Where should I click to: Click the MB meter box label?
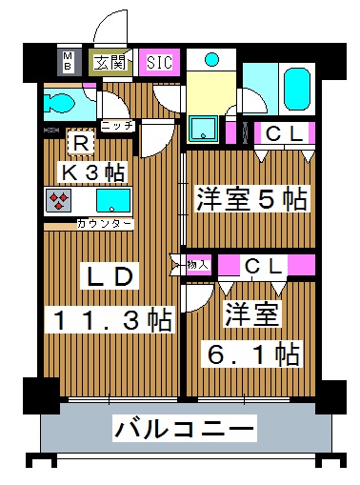[69, 62]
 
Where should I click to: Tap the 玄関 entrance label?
[109, 63]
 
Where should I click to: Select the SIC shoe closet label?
[158, 63]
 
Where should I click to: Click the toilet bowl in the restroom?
[62, 102]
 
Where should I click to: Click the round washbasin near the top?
[212, 60]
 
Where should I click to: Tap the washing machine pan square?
[203, 127]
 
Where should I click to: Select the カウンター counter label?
[104, 224]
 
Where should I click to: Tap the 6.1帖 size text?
[253, 354]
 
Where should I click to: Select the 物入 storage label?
[197, 264]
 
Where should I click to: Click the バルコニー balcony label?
[185, 429]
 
